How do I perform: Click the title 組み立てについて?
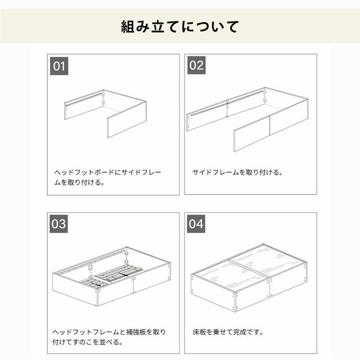click(x=180, y=26)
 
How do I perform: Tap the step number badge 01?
click(x=59, y=66)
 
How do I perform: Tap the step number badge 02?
click(x=197, y=66)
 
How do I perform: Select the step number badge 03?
click(x=59, y=224)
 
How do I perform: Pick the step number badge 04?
click(x=197, y=224)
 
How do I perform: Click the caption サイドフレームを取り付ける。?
click(x=237, y=173)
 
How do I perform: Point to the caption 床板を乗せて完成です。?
click(x=228, y=333)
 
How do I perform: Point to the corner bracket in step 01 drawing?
click(x=104, y=98)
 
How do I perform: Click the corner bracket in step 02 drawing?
click(x=265, y=95)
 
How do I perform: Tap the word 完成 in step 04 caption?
click(x=241, y=333)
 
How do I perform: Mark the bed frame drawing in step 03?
click(x=111, y=276)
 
